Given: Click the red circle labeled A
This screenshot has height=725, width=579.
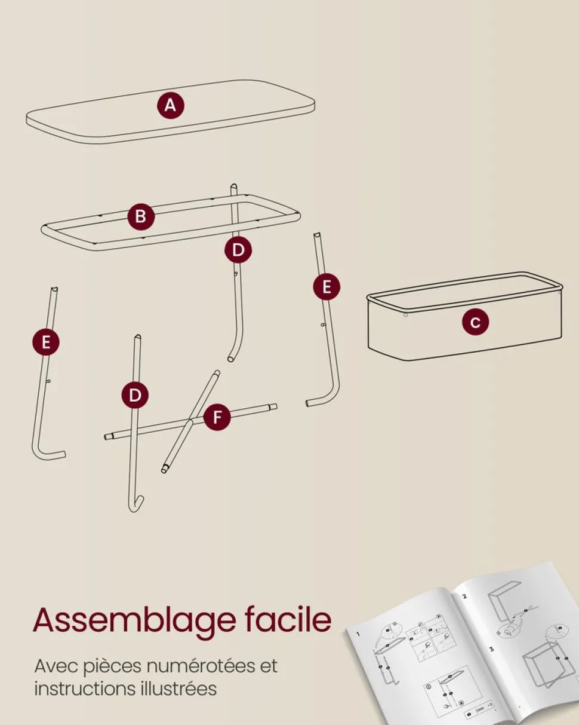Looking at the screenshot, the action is point(171,105).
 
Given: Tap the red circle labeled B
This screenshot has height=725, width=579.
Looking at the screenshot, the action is point(141,216).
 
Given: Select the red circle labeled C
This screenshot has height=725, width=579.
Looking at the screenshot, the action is point(475,322).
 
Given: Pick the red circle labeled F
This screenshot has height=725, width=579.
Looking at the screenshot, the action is point(217,417).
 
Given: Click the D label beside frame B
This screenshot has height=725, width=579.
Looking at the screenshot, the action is point(238,250).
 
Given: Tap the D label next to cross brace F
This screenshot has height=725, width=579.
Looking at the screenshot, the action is point(135,395).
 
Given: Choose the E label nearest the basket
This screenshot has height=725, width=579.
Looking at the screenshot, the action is point(327,287).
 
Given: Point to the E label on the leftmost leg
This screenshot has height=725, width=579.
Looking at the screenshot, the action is point(46,342).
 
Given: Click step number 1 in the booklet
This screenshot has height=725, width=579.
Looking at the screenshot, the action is point(358,634).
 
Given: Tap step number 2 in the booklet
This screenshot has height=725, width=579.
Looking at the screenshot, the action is point(465,596).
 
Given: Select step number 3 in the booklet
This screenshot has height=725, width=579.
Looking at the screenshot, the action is point(492,649).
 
